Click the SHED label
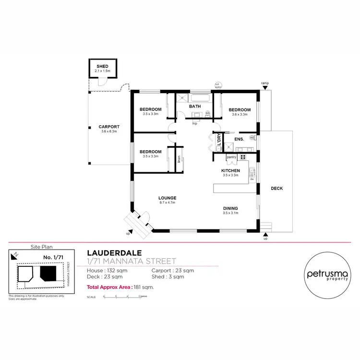tap(103, 66)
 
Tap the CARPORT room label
tap(109, 127)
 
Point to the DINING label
tap(230, 208)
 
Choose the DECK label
tap(276, 189)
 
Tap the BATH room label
tap(194, 107)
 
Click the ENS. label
tap(239, 139)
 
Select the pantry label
tap(231, 156)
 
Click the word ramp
tap(264, 83)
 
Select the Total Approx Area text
tap(120, 287)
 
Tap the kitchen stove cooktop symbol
tap(243, 156)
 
